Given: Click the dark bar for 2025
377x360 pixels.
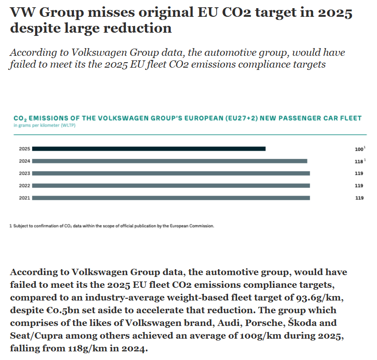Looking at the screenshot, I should (149, 148).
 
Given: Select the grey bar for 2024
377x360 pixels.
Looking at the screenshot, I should (169, 161).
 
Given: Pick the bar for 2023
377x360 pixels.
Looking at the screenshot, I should (171, 173).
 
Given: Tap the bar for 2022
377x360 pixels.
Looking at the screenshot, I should (171, 185).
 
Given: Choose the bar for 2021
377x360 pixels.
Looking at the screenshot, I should (171, 197).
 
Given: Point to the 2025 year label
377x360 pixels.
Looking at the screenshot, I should (25, 149).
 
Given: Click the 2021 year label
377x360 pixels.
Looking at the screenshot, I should (25, 198).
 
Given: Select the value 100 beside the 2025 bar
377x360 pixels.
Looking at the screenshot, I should (359, 149).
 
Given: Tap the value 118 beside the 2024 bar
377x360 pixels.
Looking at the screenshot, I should (359, 161).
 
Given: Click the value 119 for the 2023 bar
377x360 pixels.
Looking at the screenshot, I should (359, 173).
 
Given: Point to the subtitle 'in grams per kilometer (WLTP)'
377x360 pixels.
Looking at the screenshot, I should (45, 125).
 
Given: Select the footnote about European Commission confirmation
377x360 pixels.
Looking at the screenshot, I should (111, 226).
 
